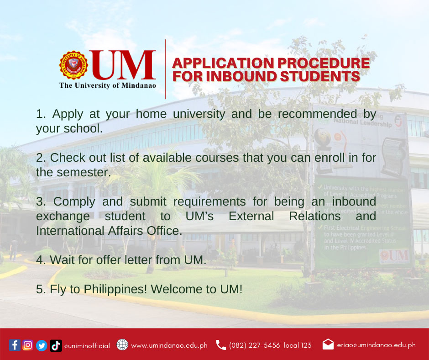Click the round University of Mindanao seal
[x=73, y=65]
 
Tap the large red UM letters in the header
[x=123, y=65]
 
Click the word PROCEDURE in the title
[x=324, y=63]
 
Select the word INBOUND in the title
[x=241, y=76]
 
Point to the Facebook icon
[x=15, y=345]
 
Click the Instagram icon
[x=28, y=345]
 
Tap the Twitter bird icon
[x=42, y=345]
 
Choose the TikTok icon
[x=56, y=345]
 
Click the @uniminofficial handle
[x=87, y=346]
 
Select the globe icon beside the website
[x=122, y=344]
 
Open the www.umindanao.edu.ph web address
[x=169, y=346]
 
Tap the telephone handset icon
[x=221, y=345]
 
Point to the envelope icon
[x=328, y=344]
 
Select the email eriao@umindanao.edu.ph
[x=376, y=345]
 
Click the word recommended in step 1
[x=318, y=114]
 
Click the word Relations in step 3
[x=315, y=216]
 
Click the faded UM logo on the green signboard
[x=394, y=256]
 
